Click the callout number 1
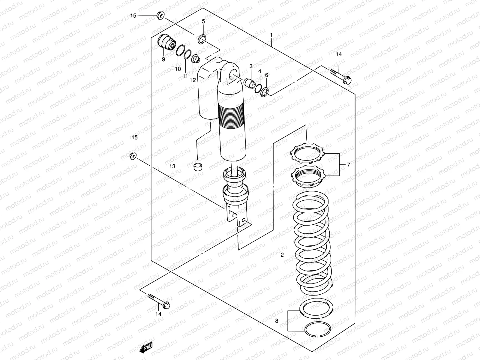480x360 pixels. (x=271, y=35)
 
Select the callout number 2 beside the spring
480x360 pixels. (x=282, y=255)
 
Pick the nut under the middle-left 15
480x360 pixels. (x=133, y=156)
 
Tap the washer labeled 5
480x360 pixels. (x=202, y=39)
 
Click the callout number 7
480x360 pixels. (x=348, y=165)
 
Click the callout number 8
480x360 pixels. (x=277, y=321)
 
